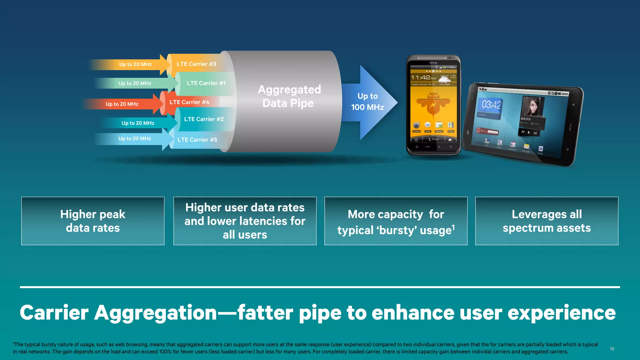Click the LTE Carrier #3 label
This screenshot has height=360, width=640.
[196, 64]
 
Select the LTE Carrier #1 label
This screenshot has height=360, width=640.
[206, 83]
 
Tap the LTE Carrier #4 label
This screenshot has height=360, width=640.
[189, 102]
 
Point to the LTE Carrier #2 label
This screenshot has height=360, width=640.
[204, 119]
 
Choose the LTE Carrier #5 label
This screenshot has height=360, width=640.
[197, 140]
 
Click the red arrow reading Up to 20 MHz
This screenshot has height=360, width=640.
[122, 104]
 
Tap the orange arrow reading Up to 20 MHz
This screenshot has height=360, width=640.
[135, 64]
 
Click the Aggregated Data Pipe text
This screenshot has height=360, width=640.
[289, 96]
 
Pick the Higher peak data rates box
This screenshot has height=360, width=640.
[93, 221]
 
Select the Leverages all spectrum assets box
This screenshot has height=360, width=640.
[547, 221]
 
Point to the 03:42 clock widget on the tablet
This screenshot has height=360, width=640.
[491, 105]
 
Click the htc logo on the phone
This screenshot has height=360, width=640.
[433, 63]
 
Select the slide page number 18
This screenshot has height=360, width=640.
[612, 349]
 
